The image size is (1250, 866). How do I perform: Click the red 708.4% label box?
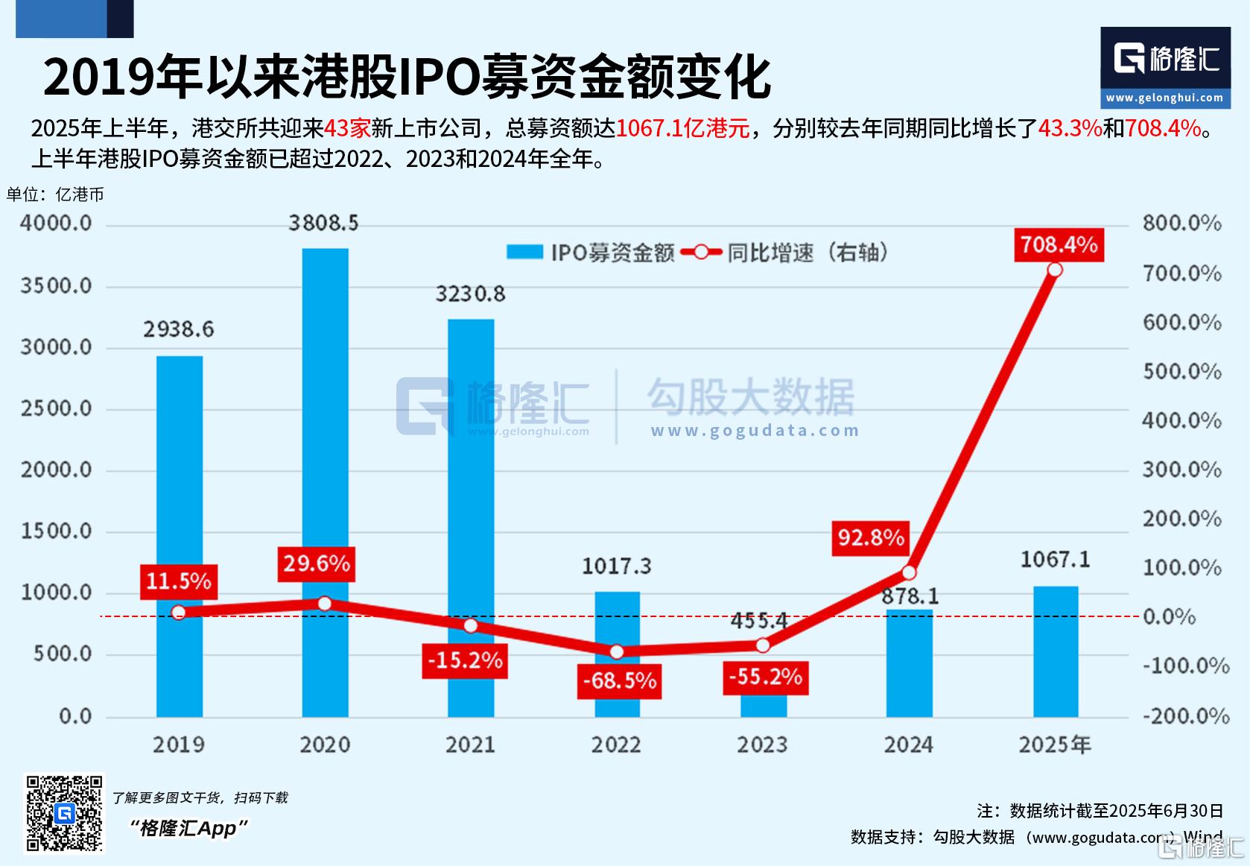point(1059,244)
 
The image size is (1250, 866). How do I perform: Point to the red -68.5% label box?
point(619,680)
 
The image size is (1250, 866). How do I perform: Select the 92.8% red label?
point(870,537)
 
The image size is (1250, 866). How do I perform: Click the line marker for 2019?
point(178,613)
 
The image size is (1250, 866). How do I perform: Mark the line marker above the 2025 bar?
point(1055,270)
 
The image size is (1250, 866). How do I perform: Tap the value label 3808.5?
point(323,223)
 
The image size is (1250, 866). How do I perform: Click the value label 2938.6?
point(178,329)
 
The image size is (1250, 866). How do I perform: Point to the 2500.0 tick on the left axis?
point(56,409)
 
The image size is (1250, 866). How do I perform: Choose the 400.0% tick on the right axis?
point(1182,421)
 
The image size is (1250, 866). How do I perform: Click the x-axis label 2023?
point(762,745)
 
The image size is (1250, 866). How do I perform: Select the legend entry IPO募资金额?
point(590,253)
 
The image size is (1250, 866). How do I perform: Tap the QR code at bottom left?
point(65,813)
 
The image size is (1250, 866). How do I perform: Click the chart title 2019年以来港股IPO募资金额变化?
point(407,78)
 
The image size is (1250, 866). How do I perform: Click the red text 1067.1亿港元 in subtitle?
point(682,128)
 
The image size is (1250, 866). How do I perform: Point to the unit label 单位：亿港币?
point(56,195)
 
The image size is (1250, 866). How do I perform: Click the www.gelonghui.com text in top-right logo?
point(1164,98)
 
